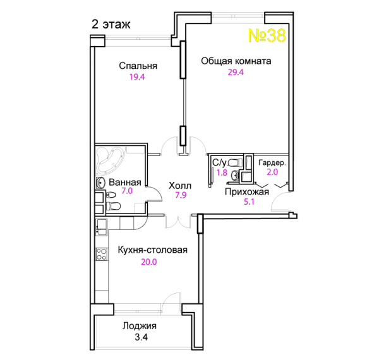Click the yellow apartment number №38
point(267,35)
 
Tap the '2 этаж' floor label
point(111,25)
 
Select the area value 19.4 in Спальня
point(137,77)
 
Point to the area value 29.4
point(236,72)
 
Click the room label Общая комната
point(236,61)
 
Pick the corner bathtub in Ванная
point(110,160)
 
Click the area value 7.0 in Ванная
point(127,191)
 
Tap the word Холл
point(180,186)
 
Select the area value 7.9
point(181,195)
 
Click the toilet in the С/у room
point(235,162)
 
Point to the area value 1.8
point(222,172)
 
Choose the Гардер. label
point(272,163)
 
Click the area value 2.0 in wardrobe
point(272,172)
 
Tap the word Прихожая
point(247,192)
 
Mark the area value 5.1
point(249,202)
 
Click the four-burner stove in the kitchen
point(102,254)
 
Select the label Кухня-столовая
point(152,250)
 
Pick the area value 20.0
point(149,262)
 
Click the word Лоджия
point(140,326)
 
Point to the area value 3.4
point(141,337)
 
